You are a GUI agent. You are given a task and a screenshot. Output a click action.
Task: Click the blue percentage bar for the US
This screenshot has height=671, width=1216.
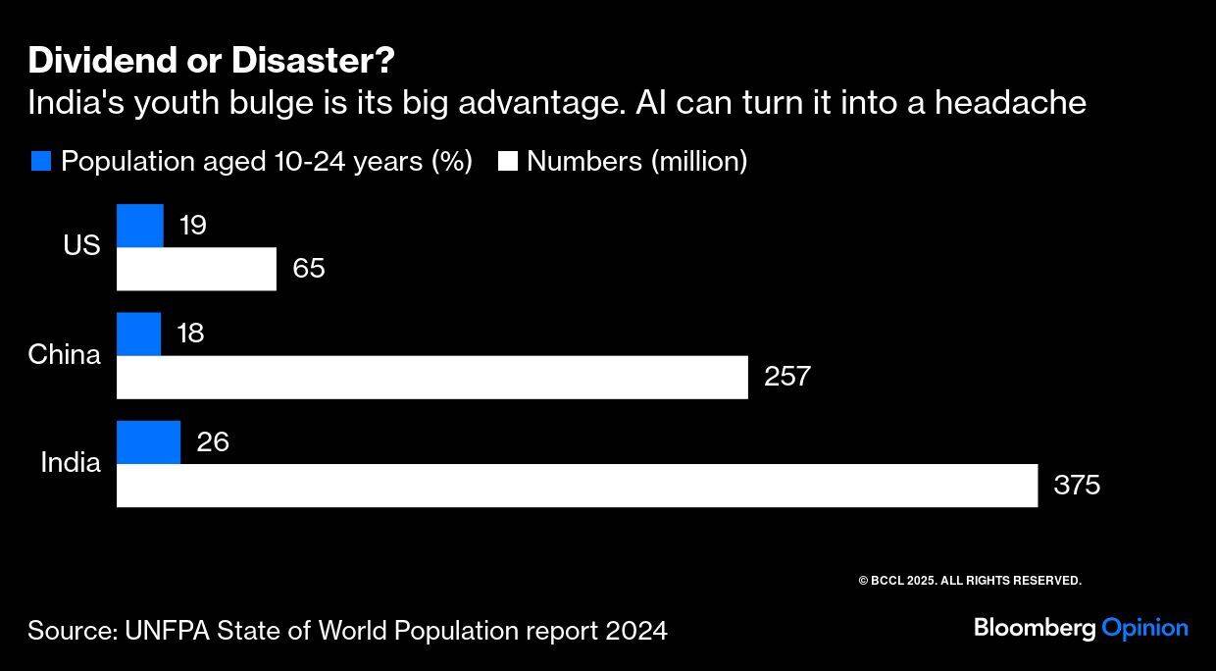click(140, 226)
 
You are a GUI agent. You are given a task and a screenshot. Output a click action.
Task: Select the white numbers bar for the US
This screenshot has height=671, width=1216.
click(196, 269)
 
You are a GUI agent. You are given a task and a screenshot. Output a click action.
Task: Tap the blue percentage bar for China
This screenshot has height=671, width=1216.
click(138, 334)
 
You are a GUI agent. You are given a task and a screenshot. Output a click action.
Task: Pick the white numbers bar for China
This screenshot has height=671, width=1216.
click(431, 377)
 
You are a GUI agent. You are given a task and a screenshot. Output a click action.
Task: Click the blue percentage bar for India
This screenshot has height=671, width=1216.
click(148, 441)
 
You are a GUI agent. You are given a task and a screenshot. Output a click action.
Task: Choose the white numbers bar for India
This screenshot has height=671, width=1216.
click(577, 486)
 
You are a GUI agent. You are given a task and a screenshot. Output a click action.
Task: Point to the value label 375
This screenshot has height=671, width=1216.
click(1077, 486)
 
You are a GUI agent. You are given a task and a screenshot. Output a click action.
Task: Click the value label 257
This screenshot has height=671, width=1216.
click(787, 377)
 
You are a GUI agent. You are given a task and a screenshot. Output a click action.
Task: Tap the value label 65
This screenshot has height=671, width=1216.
click(309, 269)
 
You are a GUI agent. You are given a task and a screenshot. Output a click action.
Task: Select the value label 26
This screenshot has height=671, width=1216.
click(213, 442)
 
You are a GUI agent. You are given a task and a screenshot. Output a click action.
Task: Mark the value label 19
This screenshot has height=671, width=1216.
click(193, 227)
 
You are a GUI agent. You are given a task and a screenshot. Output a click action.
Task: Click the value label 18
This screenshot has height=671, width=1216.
click(190, 334)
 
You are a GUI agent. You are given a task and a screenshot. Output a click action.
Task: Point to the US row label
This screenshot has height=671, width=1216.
click(81, 245)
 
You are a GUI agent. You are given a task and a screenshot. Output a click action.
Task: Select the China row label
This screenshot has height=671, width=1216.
click(64, 354)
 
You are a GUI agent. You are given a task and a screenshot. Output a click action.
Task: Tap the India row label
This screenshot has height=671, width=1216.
click(71, 462)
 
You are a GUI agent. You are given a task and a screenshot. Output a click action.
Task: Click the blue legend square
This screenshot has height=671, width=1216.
click(41, 161)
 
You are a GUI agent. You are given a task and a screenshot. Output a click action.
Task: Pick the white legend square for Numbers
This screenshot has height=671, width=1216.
click(507, 161)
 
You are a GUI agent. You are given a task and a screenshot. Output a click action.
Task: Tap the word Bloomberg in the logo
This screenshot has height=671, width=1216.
click(1035, 628)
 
